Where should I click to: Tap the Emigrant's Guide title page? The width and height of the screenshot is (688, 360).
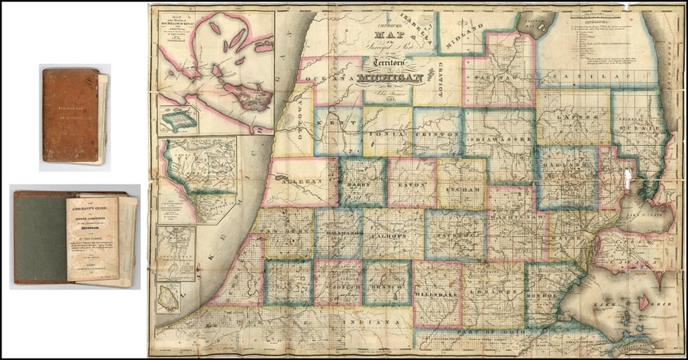pyautogui.click(x=92, y=238)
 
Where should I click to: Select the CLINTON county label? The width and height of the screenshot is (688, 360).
pyautogui.click(x=437, y=134)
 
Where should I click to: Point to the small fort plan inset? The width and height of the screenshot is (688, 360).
pyautogui.click(x=178, y=120)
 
